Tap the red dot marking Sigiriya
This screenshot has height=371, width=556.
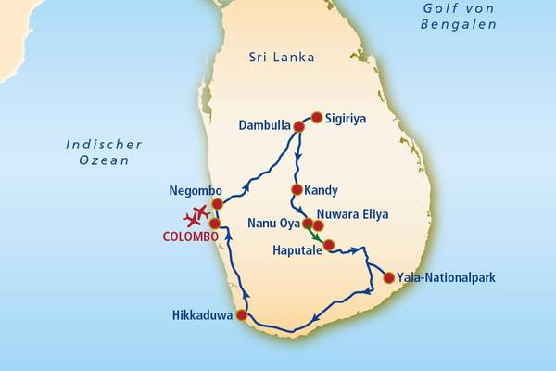pos(317,118)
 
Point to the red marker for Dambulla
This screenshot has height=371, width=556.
pos(298,126)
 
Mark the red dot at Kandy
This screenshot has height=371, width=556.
pos(297,190)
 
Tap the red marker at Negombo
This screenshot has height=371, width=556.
pos(217,204)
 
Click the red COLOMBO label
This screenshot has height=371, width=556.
pos(190,237)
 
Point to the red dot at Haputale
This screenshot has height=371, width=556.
pos(328,245)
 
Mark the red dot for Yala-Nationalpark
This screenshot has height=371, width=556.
pos(388,276)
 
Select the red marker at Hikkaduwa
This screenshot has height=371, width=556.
pos(242,315)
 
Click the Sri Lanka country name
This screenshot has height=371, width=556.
pos(282,58)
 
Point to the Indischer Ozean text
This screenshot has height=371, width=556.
pos(104,153)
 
